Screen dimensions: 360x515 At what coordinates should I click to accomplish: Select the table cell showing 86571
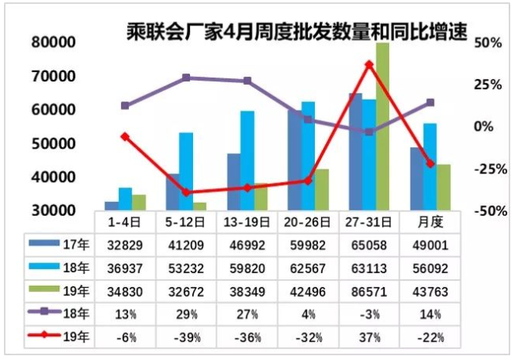pyautogui.click(x=369, y=292)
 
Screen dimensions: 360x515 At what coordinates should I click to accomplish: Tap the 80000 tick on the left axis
pyautogui.click(x=54, y=42)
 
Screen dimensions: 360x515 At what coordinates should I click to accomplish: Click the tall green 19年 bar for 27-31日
pyautogui.click(x=382, y=127)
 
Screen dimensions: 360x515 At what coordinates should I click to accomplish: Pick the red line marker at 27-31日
pyautogui.click(x=369, y=64)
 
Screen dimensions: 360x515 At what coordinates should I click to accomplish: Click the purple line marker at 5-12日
pyautogui.click(x=186, y=78)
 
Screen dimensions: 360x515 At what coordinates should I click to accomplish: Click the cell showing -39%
pyautogui.click(x=186, y=337)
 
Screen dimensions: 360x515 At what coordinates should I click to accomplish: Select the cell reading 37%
pyautogui.click(x=369, y=337)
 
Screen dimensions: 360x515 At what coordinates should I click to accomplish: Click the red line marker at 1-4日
pyautogui.click(x=125, y=137)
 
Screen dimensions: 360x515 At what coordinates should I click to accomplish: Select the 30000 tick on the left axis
pyautogui.click(x=54, y=210)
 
